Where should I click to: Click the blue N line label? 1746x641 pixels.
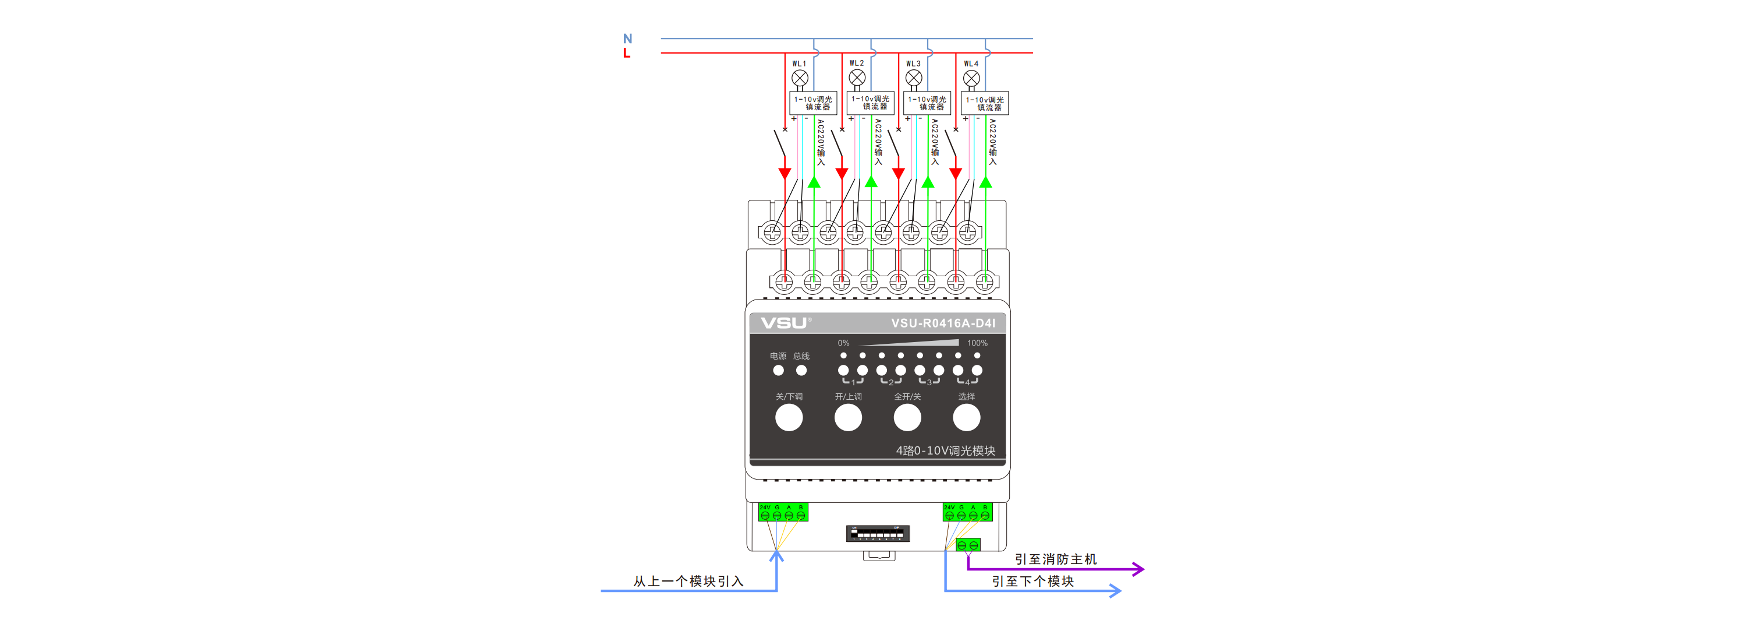627,38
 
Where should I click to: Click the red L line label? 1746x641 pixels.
626,53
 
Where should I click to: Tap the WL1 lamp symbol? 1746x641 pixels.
800,78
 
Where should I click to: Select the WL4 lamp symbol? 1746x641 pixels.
971,78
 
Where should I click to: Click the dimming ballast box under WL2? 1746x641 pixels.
870,103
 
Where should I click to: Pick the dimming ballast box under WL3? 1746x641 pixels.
927,103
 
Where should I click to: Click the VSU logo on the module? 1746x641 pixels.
783,323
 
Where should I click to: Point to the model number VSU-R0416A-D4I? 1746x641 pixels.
943,323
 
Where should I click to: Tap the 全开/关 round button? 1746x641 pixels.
907,418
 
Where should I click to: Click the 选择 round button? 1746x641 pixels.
966,418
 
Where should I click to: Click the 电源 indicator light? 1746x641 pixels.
778,371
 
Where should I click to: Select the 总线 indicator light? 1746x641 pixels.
801,371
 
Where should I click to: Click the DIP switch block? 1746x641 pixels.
878,534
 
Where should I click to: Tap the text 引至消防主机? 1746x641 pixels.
1055,559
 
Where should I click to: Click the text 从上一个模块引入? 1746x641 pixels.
688,582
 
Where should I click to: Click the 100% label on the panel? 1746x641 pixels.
977,343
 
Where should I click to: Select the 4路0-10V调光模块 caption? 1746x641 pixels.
946,451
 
